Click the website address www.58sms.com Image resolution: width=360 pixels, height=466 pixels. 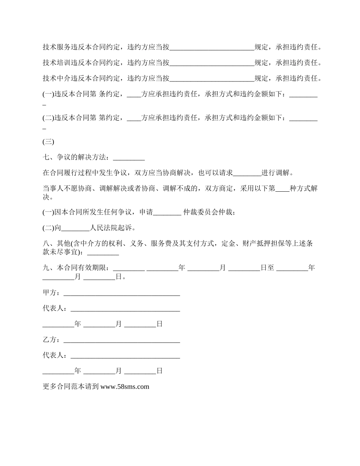(x=125, y=387)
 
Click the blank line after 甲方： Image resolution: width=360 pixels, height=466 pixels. (x=122, y=293)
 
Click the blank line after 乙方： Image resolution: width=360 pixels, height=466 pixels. (x=122, y=340)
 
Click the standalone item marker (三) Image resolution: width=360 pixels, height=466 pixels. (x=49, y=142)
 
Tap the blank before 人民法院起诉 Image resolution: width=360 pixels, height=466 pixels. (x=75, y=228)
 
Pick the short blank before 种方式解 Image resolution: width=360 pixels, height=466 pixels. (x=282, y=189)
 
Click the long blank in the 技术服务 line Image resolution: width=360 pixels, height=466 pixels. (x=212, y=48)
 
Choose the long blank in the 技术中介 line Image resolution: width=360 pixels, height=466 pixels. (x=212, y=79)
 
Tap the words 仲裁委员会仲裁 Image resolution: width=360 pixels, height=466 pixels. (x=209, y=213)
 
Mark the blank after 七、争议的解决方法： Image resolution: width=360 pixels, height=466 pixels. (x=129, y=158)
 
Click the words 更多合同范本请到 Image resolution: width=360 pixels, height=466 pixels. (x=71, y=387)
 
